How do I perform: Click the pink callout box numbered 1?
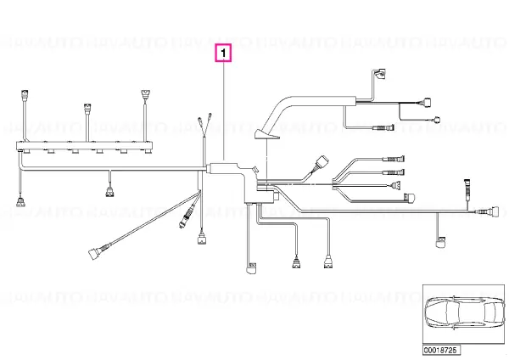tap(223, 53)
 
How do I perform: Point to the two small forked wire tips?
tap(203, 121)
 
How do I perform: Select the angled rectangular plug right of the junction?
tap(322, 162)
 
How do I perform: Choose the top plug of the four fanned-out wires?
tap(395, 159)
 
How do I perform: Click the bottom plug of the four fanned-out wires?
tap(410, 199)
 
